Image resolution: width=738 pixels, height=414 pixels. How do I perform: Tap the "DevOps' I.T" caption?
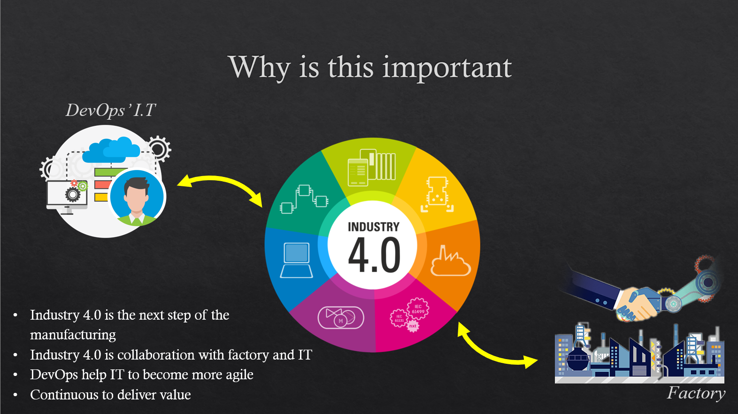111,110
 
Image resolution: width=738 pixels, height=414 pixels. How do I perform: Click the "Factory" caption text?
696,393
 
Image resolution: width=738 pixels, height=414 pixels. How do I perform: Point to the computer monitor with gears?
67,196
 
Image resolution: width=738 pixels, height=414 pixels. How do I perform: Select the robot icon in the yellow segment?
437,194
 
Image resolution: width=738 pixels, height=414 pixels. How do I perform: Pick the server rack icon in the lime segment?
371,167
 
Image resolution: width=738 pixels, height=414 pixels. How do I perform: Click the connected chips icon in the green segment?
304,199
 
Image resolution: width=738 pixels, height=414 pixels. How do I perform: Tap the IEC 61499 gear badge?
418,308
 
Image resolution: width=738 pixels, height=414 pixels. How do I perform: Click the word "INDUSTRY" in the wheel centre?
374,227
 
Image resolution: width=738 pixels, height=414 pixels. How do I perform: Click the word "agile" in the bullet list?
239,375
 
